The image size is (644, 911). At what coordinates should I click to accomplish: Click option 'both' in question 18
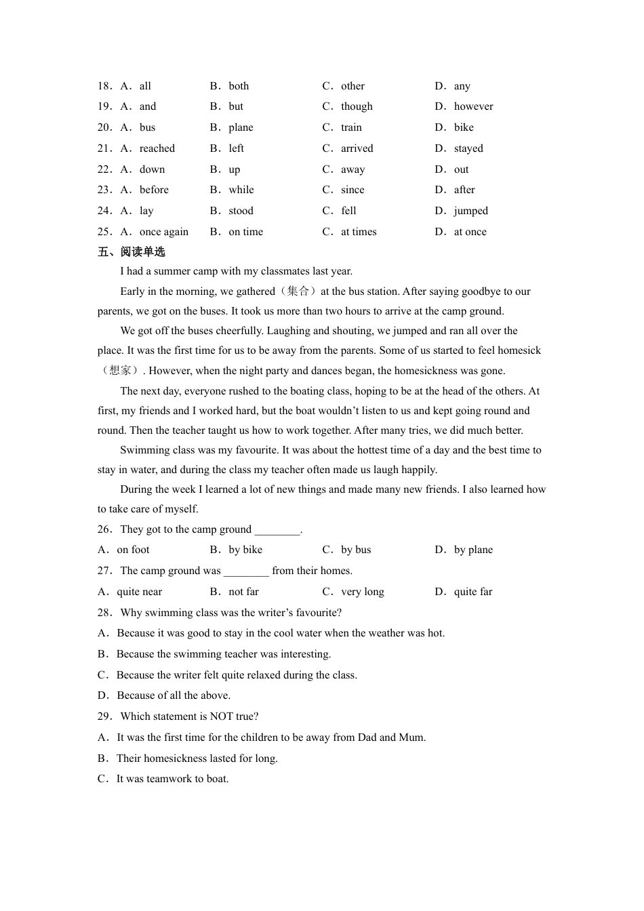[x=239, y=86]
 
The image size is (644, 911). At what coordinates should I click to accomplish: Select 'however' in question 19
[x=473, y=106]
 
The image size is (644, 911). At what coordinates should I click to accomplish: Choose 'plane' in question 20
[x=241, y=127]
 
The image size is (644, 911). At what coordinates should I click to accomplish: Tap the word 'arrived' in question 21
[x=357, y=148]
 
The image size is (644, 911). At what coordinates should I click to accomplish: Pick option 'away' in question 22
[x=353, y=169]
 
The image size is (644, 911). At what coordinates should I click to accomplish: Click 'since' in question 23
[x=353, y=190]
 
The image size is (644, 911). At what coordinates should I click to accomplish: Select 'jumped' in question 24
[x=470, y=211]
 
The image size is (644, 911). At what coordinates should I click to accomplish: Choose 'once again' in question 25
[x=163, y=232]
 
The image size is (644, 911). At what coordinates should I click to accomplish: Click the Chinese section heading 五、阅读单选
[x=132, y=252]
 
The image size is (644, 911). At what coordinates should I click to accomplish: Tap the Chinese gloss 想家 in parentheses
[x=119, y=371]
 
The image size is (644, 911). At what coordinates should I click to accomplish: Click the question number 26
[x=104, y=529]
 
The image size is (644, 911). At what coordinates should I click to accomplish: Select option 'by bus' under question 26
[x=356, y=550]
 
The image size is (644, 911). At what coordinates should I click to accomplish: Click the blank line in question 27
[x=246, y=571]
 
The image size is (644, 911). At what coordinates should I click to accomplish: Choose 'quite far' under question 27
[x=472, y=592]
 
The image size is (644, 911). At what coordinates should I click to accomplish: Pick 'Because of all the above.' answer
[x=174, y=695]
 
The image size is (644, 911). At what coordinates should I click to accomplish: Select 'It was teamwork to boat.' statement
[x=172, y=779]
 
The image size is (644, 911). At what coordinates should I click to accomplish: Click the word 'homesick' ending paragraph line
[x=519, y=350]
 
